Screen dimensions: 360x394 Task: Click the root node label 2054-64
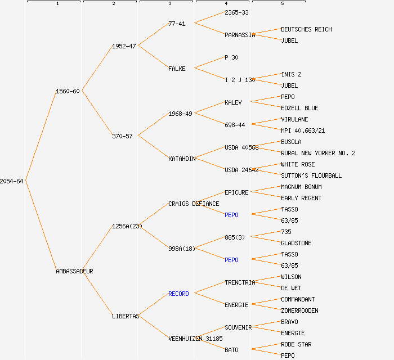12,181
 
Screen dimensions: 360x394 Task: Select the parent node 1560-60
68,91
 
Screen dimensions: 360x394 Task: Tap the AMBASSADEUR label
74,271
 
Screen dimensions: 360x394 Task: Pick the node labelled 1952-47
124,46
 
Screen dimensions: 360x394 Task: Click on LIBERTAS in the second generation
126,316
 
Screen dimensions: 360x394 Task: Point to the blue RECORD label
178,294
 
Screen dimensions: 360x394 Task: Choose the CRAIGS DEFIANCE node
194,204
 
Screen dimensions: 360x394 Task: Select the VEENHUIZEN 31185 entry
195,339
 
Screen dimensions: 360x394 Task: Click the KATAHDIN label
182,159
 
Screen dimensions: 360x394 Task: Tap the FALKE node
177,69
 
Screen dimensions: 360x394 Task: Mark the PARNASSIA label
240,35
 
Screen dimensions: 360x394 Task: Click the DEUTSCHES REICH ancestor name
306,29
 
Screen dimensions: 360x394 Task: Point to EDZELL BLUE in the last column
299,108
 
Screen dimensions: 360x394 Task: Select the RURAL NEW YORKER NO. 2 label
318,153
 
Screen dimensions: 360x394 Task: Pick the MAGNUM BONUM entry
301,187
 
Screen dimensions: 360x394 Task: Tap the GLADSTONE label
296,243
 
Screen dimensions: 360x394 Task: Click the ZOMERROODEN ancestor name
299,310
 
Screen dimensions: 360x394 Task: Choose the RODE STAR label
296,344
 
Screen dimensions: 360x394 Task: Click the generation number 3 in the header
169,4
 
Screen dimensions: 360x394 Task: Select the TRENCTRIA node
240,282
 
